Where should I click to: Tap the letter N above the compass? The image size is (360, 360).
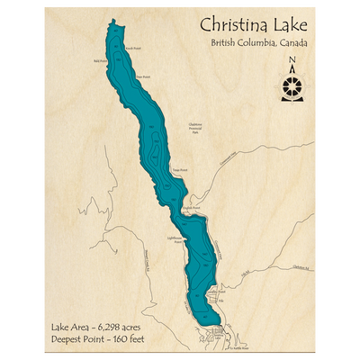pos(292,61)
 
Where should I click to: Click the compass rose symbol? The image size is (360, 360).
pos(292,85)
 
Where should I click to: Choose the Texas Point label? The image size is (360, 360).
pos(180,169)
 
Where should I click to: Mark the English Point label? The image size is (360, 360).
pos(189,206)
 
